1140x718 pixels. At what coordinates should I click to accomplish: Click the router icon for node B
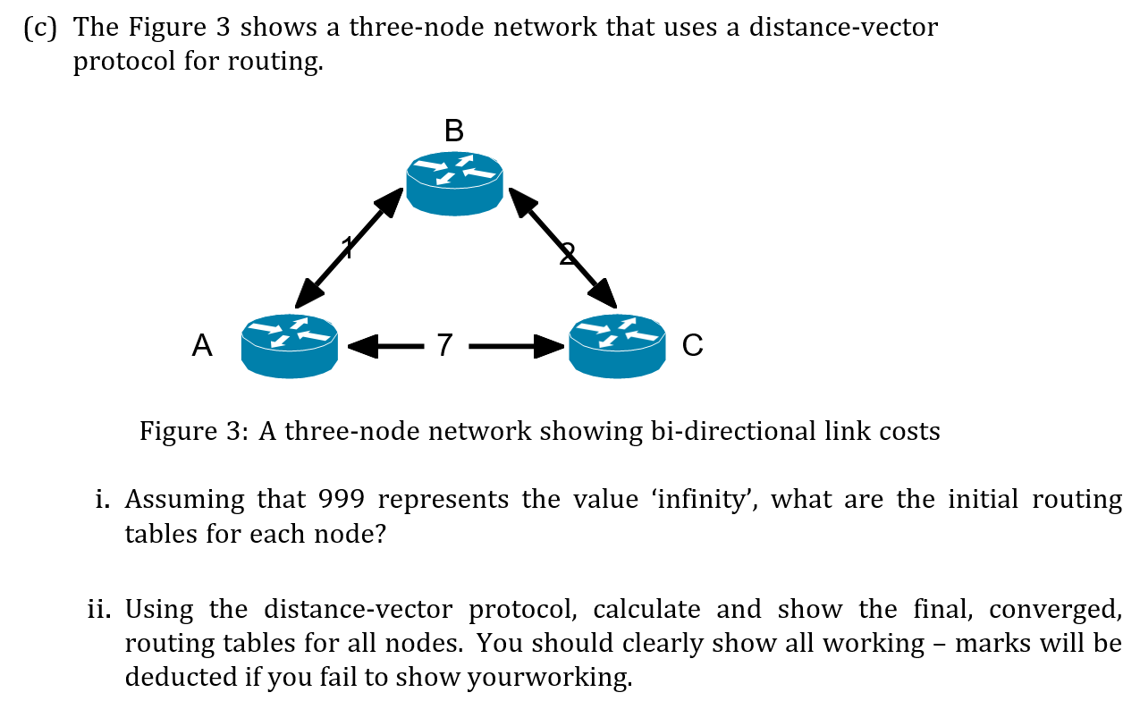[454, 182]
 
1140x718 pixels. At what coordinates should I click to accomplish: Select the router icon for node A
[290, 345]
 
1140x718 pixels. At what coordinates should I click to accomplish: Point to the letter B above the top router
[454, 131]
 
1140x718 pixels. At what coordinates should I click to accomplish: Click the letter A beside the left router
[203, 345]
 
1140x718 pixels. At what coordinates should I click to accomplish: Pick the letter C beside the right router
[693, 345]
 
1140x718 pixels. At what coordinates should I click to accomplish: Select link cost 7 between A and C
[444, 345]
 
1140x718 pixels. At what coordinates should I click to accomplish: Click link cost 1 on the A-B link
[347, 247]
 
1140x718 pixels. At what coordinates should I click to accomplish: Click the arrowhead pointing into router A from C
[361, 346]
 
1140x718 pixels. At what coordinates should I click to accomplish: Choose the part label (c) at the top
[41, 28]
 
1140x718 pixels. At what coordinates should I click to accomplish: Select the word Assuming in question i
[184, 499]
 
